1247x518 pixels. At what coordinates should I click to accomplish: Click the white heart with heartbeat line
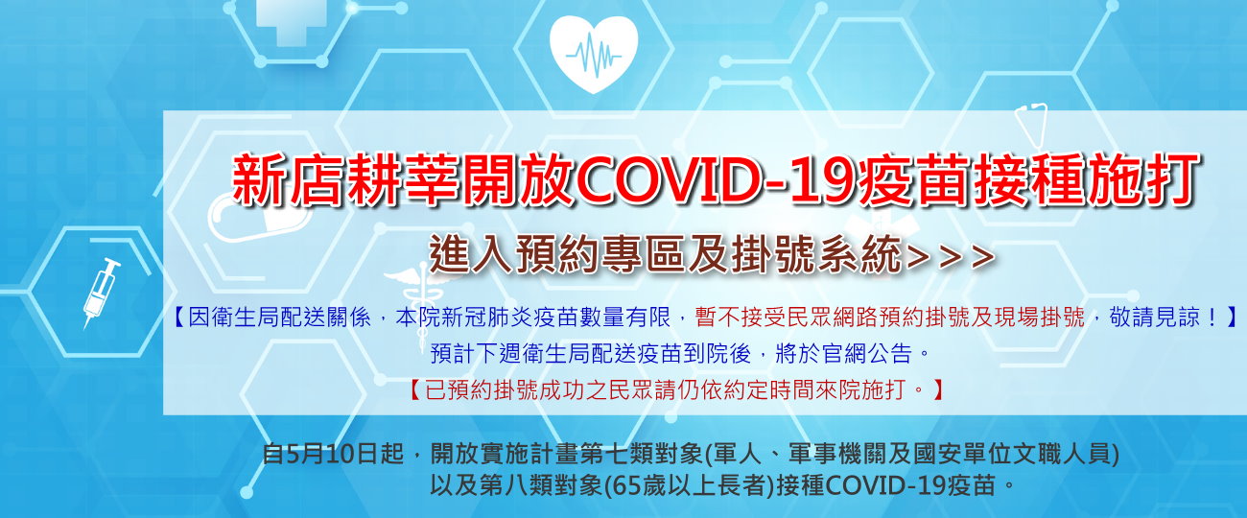pos(594,54)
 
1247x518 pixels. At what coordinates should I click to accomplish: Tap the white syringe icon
pos(101,293)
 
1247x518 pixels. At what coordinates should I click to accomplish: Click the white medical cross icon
pos(284,19)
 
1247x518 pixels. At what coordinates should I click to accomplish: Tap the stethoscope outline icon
pos(1031,126)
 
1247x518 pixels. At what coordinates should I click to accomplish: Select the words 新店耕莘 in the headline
pos(346,179)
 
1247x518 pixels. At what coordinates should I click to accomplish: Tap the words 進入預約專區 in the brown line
pos(555,254)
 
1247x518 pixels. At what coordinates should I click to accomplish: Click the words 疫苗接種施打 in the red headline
pos(1028,179)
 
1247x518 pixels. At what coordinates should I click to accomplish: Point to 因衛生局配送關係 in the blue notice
pos(279,318)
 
